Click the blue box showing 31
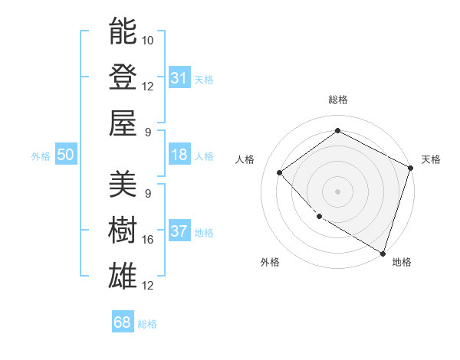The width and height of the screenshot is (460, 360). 179,77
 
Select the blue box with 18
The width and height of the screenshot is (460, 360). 179,155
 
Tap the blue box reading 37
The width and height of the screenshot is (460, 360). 179,231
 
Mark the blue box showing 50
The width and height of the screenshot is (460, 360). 66,155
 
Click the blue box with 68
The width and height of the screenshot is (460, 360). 123,322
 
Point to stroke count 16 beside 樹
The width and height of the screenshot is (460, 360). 148,240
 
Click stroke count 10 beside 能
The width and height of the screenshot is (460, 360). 148,40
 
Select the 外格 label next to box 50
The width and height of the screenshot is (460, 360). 41,155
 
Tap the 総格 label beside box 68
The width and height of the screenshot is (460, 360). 147,323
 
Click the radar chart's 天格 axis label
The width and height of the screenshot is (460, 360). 431,159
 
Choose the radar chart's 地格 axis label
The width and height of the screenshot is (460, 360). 402,262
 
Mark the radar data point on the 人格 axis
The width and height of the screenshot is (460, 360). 280,172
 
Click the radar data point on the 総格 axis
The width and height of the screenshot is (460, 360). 337,130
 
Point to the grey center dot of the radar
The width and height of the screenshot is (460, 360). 337,191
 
